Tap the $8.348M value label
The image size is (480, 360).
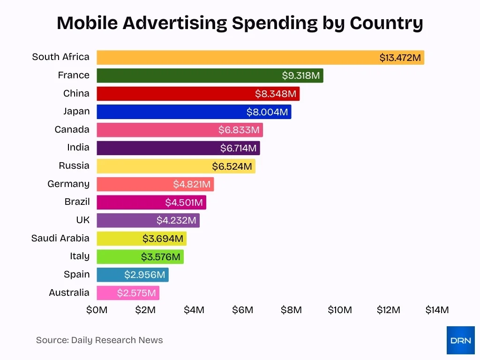[276, 94]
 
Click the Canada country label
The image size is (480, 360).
[72, 129]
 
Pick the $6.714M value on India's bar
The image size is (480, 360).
[238, 148]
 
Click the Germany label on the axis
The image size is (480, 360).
[68, 184]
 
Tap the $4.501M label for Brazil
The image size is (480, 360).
[184, 202]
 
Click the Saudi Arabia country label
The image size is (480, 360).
[60, 238]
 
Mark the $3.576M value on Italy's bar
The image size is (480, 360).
[160, 257]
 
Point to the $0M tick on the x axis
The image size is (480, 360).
[97, 310]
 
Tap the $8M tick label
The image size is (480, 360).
[291, 310]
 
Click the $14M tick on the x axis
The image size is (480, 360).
[437, 310]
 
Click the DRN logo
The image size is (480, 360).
[460, 340]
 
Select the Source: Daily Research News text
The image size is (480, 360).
[99, 340]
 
